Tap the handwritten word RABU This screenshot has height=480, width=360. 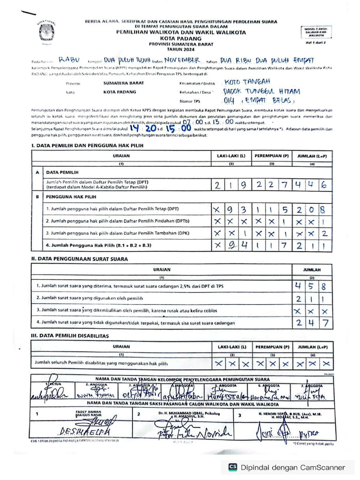[70, 60]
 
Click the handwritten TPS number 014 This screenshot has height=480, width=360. [229, 101]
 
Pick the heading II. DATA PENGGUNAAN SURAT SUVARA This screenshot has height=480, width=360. [79, 259]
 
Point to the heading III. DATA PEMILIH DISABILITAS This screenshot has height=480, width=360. [70, 336]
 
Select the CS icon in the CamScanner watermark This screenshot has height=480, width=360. [232, 467]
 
